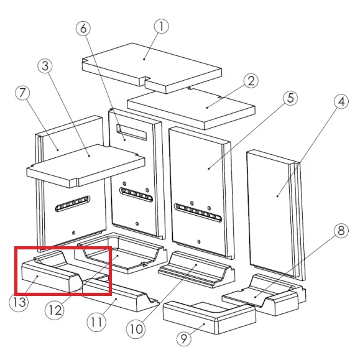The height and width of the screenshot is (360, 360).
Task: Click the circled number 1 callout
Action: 162,26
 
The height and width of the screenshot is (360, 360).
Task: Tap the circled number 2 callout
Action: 251,81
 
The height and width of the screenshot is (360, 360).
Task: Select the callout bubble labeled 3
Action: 45,66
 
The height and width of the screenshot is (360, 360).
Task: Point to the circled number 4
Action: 341,101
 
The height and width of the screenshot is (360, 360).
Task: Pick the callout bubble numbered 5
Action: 290,98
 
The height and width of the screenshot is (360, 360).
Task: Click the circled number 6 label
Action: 83,28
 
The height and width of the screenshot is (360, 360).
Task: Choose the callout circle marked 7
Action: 22,93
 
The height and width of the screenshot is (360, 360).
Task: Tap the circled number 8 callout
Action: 341,230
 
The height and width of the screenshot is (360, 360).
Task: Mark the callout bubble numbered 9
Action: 184,338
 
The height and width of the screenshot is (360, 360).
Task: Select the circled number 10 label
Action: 136,330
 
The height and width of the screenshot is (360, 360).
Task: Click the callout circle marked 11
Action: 96,321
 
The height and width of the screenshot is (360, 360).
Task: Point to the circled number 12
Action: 55,310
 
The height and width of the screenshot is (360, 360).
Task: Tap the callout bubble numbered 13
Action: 19,302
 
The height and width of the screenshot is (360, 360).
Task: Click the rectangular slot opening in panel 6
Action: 131,132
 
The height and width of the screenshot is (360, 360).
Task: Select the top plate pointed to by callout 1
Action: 152,68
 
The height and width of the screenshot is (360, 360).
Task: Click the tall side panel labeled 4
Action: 275,215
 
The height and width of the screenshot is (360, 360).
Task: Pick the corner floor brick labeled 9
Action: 210,318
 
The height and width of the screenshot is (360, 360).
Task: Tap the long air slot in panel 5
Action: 198,212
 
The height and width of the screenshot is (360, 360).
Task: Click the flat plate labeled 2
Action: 192,108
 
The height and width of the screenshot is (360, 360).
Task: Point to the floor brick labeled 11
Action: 121,295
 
